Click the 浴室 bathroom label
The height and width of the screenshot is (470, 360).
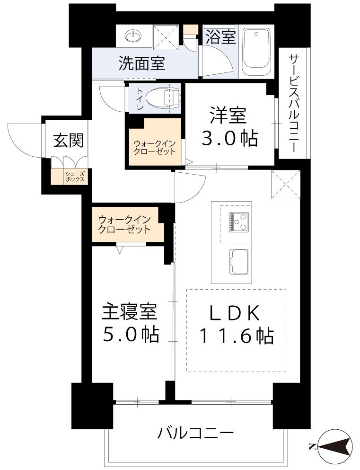point(220,37)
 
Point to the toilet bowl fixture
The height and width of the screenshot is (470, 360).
point(163,98)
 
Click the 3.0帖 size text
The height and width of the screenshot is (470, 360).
point(230,138)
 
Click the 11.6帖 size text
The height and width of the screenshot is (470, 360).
point(236,336)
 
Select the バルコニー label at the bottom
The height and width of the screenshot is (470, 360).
point(196,433)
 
